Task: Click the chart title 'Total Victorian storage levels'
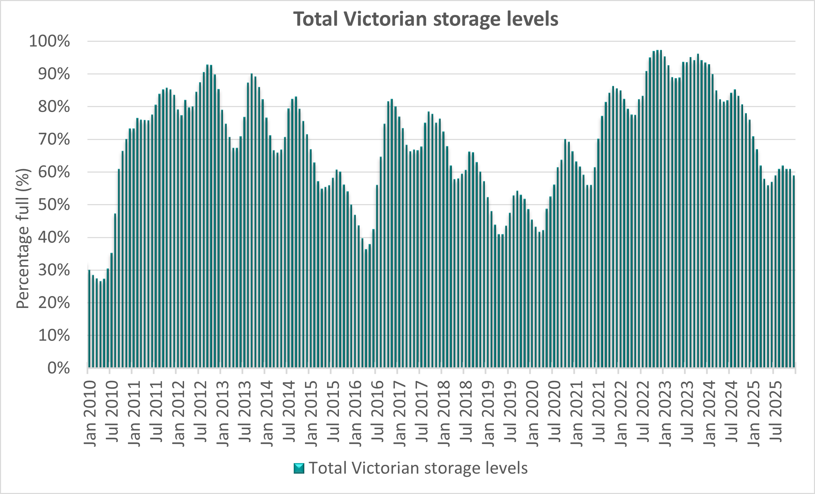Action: (426, 19)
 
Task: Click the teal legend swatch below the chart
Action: (299, 468)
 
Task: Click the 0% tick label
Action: (59, 368)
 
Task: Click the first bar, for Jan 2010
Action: (89, 319)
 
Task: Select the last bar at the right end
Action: (794, 272)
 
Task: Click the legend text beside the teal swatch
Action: (418, 468)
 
